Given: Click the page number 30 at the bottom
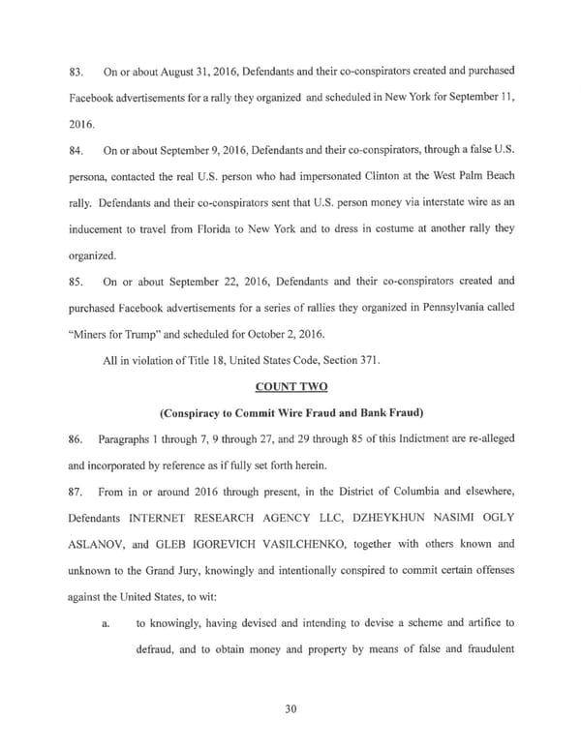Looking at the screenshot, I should pyautogui.click(x=290, y=709).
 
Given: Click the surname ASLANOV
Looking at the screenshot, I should pyautogui.click(x=97, y=544).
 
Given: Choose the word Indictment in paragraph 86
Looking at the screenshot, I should pyautogui.click(x=380, y=438).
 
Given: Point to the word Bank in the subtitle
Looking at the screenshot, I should pyautogui.click(x=362, y=412).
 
